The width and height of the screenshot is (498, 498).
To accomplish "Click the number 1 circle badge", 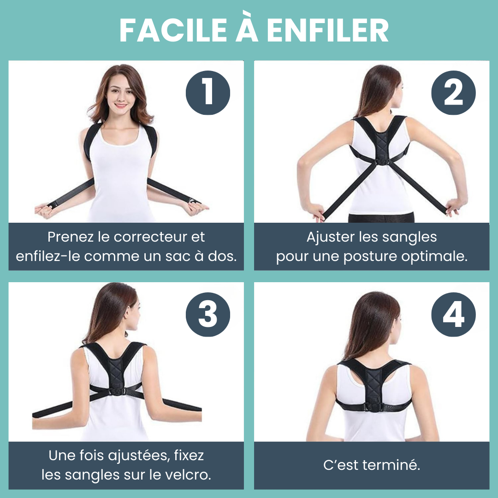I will click(x=207, y=92).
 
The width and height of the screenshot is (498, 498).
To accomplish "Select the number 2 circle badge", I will click(x=453, y=92).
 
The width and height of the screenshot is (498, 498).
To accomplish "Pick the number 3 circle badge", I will click(x=207, y=314).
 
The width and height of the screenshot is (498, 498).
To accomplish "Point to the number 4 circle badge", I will click(x=453, y=314).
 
